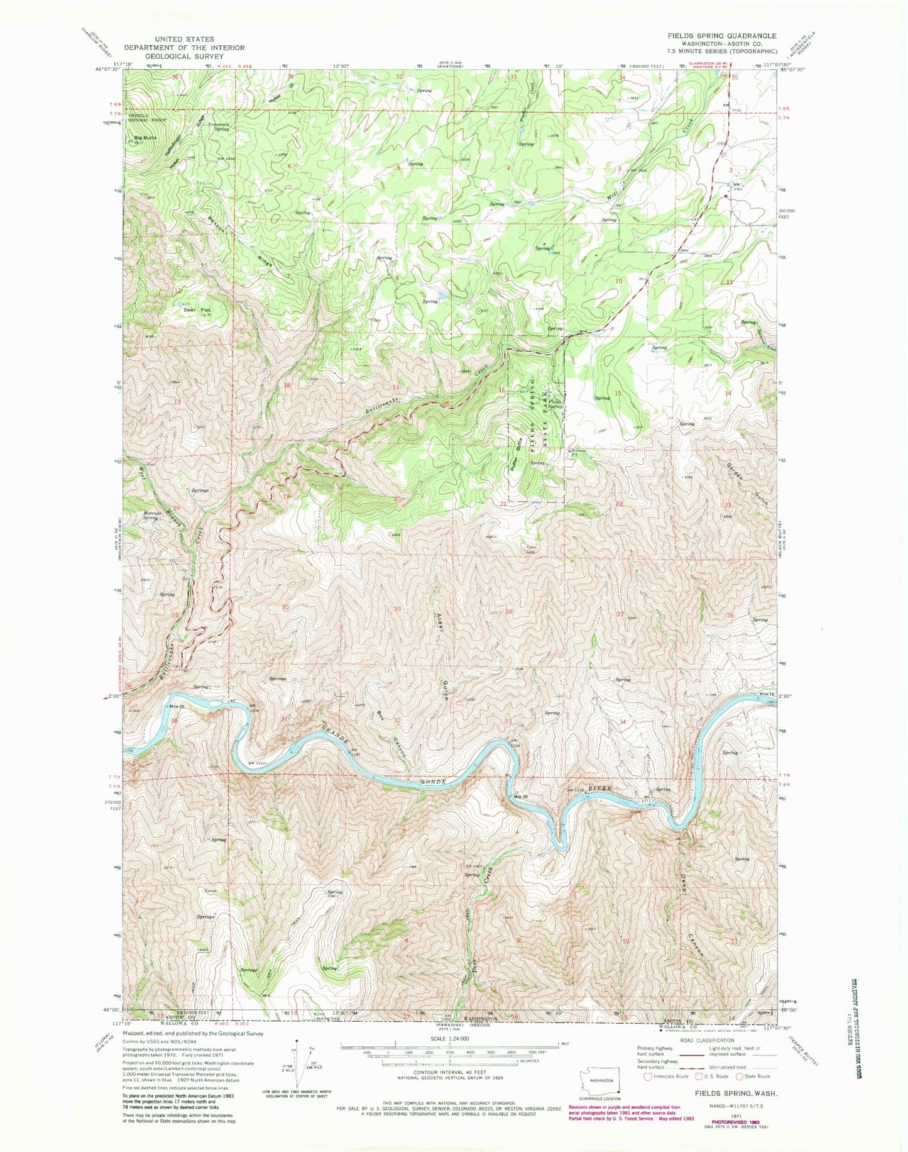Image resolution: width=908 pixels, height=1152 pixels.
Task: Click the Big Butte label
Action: click(145, 137)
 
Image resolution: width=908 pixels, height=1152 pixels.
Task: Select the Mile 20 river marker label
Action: click(520, 797)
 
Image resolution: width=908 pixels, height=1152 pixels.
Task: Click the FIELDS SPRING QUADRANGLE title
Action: click(721, 36)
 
